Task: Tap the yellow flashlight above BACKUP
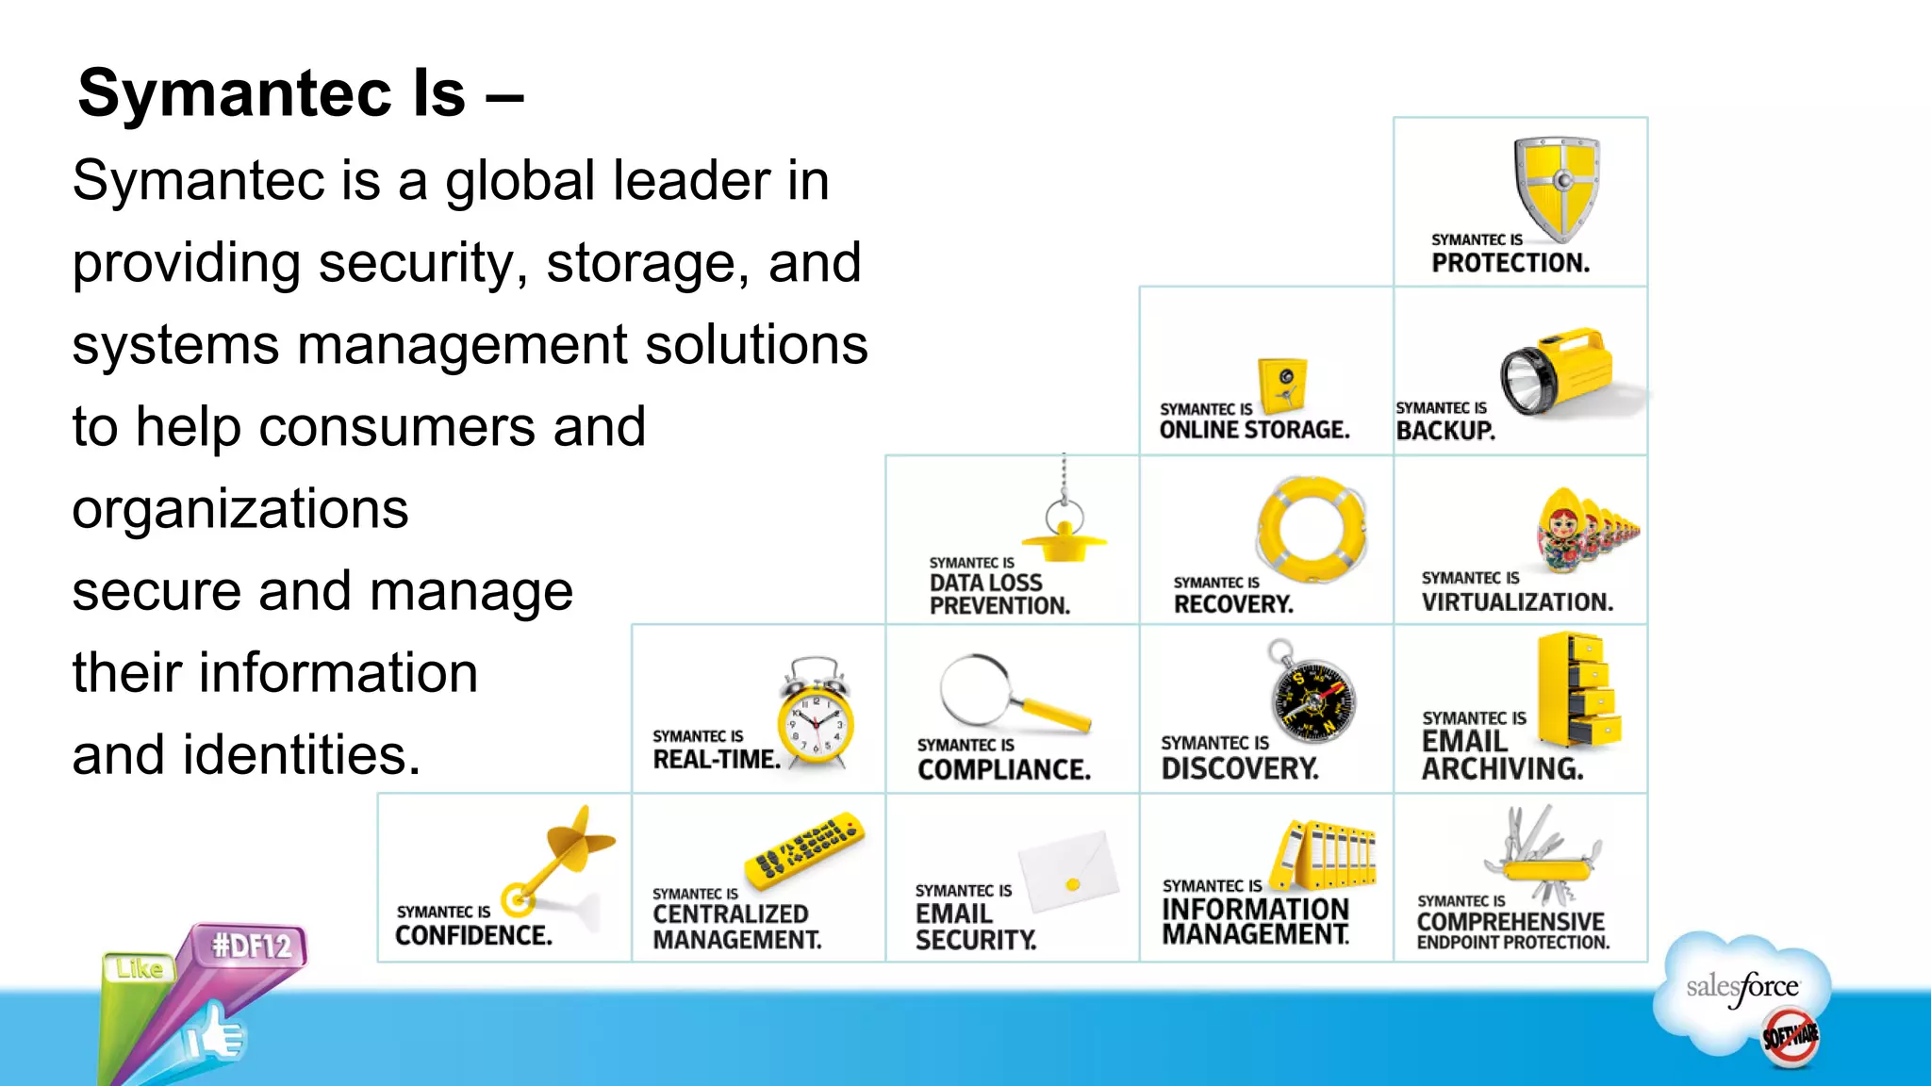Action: click(x=1558, y=371)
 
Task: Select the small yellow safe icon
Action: click(x=1283, y=385)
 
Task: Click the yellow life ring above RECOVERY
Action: click(x=1312, y=528)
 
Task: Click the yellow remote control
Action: click(x=804, y=849)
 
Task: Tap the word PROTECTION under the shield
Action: click(x=1510, y=263)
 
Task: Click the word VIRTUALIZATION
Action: click(x=1517, y=602)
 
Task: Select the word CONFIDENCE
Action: click(x=473, y=935)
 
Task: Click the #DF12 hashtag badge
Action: click(x=252, y=945)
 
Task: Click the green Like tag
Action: click(x=140, y=968)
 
